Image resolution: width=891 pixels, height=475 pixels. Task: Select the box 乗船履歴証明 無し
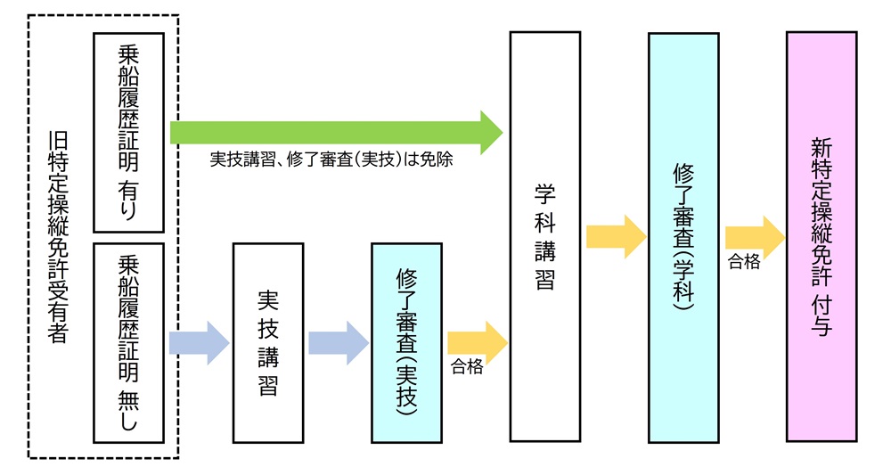point(128,342)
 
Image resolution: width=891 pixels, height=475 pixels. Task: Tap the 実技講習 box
point(268,342)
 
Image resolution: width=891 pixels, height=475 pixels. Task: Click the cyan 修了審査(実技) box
point(406,342)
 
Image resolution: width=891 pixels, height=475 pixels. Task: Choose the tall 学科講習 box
point(544,236)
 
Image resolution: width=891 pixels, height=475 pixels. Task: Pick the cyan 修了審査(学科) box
point(683,236)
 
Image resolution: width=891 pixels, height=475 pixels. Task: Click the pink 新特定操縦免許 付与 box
point(822,236)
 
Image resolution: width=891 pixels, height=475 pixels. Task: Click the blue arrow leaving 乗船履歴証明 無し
point(199,342)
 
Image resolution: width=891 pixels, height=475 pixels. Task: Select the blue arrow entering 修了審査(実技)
point(338,342)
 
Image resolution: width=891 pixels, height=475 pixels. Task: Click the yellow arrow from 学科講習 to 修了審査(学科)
point(616,237)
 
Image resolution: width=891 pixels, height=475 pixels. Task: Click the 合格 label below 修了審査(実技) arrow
point(467,367)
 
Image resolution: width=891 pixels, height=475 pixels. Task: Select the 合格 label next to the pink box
point(745,262)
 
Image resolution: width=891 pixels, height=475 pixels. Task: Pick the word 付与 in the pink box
point(822,316)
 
